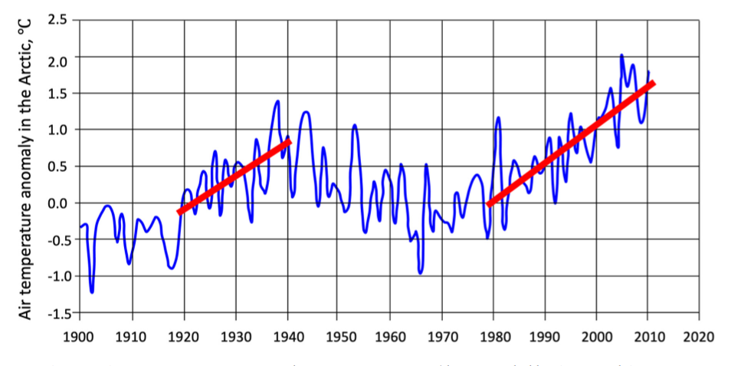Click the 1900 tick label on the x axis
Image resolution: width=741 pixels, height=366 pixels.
[80, 336]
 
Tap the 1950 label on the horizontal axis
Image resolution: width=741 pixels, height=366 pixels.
[339, 336]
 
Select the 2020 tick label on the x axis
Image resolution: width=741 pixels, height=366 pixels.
[700, 336]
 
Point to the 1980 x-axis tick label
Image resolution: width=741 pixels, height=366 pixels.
[493, 336]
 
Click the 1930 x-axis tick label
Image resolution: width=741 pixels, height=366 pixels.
[235, 336]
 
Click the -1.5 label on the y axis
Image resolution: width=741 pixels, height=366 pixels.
[56, 313]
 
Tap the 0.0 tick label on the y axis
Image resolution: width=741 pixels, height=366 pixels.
[58, 203]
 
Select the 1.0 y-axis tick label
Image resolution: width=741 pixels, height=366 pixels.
[58, 130]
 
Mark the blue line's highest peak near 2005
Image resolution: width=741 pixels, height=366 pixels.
[621, 55]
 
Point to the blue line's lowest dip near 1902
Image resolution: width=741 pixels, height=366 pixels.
[92, 292]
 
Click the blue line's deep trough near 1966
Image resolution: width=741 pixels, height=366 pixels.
[420, 272]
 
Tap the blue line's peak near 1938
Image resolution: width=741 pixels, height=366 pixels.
[277, 101]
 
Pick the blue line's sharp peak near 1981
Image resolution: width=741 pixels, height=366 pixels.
[498, 118]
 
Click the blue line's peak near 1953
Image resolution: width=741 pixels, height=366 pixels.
[355, 124]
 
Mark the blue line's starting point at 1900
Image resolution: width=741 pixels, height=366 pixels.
[80, 227]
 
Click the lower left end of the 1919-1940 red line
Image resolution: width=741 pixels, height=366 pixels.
[179, 212]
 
